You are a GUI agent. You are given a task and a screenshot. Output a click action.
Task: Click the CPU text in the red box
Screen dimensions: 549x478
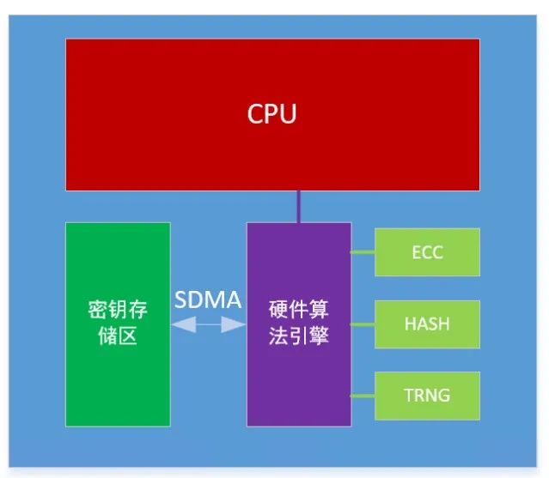pos(271,113)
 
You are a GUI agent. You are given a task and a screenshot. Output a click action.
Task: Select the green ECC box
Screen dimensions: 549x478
pos(427,252)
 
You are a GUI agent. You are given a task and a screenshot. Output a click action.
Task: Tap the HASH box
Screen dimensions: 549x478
pos(427,324)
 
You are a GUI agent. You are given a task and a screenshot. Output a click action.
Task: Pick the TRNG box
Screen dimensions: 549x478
pos(427,396)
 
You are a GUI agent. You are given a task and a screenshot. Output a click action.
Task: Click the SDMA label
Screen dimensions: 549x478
pos(208,300)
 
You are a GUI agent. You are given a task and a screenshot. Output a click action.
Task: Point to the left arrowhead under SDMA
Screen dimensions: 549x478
pos(184,324)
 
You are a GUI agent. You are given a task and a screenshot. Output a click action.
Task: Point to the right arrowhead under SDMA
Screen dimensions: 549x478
pos(234,324)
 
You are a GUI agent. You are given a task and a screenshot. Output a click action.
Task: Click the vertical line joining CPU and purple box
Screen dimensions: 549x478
pos(299,207)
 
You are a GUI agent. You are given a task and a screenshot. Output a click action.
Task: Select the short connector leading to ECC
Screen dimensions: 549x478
pos(363,252)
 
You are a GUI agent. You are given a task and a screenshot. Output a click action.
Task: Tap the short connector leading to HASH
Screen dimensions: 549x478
pos(363,324)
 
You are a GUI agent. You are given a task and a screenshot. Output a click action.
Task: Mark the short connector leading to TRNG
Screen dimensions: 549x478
pos(363,396)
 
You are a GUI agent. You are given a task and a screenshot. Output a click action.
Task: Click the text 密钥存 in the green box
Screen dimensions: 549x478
pos(118,310)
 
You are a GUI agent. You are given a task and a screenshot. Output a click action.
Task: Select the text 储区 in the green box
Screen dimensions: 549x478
pos(118,336)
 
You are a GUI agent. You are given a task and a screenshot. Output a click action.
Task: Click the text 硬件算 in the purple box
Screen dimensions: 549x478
pos(299,310)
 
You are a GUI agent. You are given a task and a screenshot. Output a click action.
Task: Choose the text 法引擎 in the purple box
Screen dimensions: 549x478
pos(299,336)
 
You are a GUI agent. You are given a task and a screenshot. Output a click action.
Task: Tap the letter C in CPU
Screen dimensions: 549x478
pos(255,113)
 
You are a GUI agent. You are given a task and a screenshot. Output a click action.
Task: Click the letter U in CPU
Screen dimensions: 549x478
pos(289,114)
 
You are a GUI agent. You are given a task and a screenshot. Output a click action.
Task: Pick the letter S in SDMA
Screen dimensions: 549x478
pos(181,300)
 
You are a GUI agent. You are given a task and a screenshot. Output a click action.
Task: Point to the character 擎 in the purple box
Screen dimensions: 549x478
pos(319,336)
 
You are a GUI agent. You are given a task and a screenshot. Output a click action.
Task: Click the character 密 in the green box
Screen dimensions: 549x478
pos(98,310)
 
